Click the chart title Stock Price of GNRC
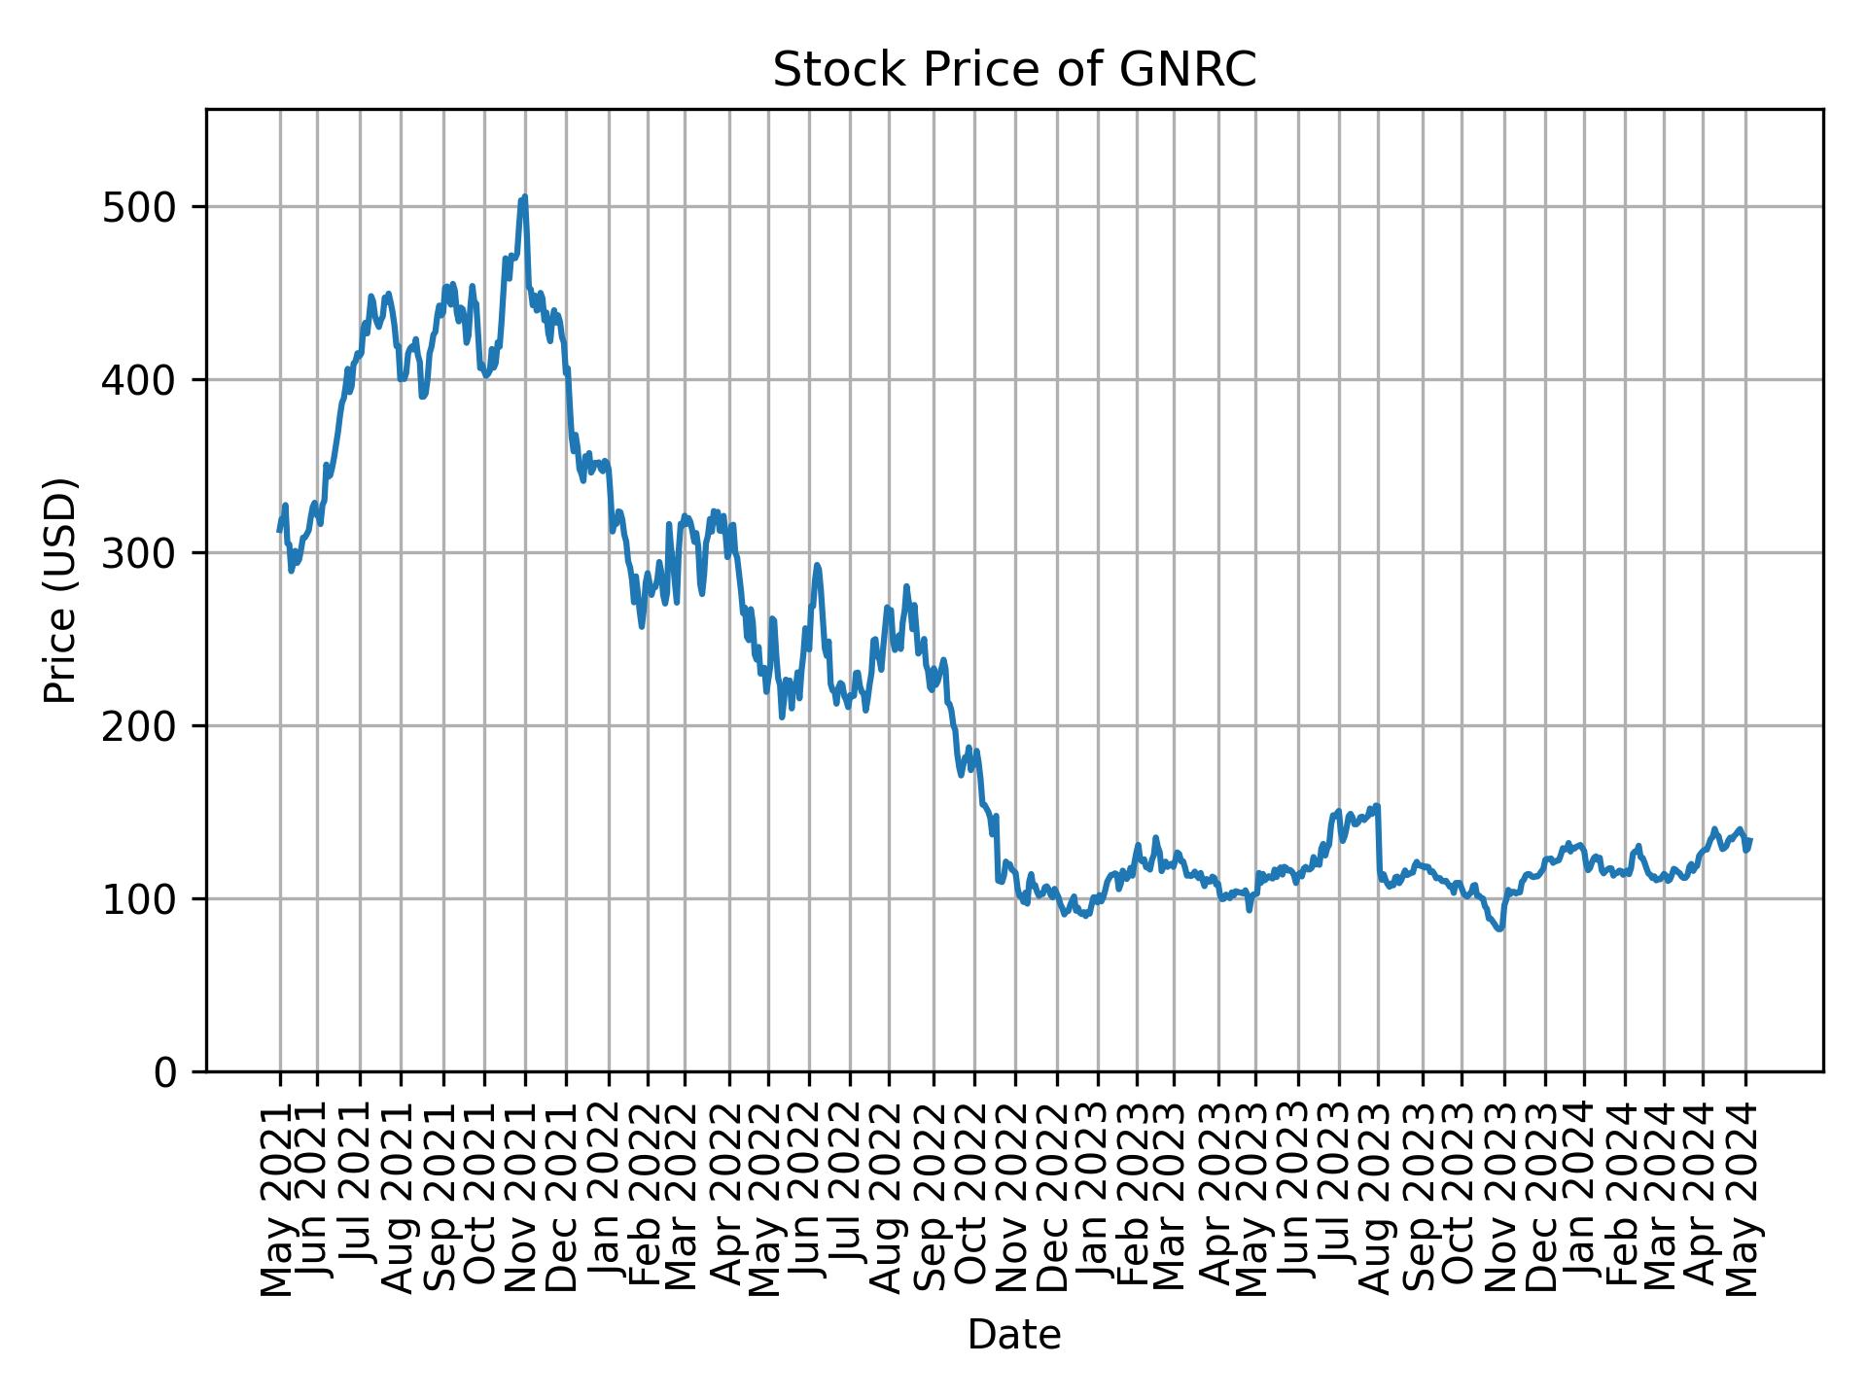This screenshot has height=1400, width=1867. click(x=1014, y=71)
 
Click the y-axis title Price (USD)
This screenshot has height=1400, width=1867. click(x=60, y=590)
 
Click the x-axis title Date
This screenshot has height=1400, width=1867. click(x=1014, y=1336)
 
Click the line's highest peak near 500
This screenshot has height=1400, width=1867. click(x=524, y=197)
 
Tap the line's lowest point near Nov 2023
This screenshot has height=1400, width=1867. click(x=1500, y=929)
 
